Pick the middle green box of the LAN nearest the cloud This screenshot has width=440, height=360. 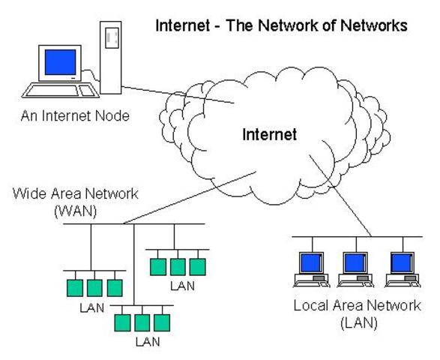coord(178,267)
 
